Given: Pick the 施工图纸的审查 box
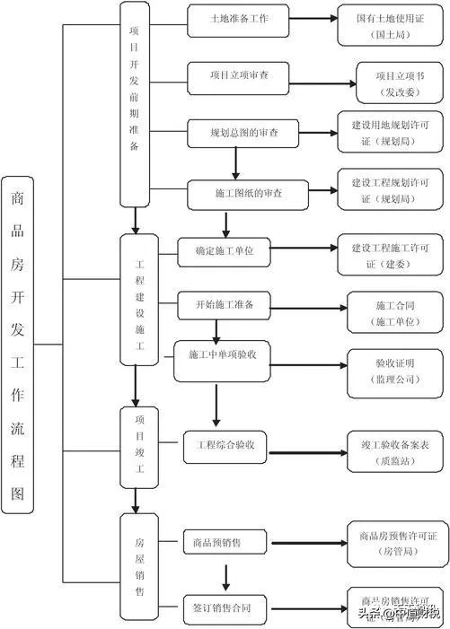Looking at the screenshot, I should coord(247,193).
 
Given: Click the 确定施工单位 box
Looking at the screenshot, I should coord(224,252).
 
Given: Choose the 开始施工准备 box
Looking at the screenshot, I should coord(224,305).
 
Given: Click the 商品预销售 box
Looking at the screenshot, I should coord(216,542).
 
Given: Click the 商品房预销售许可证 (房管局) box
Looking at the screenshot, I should coord(396,543).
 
